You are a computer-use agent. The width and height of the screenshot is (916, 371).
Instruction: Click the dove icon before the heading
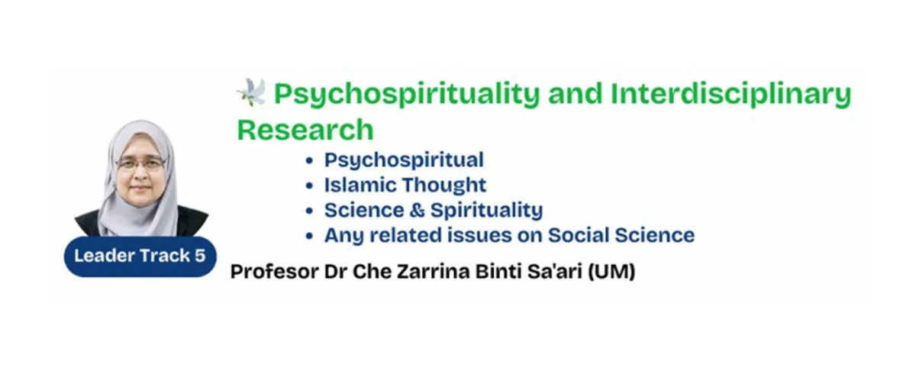pyautogui.click(x=251, y=92)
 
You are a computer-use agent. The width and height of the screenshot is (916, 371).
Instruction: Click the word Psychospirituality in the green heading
pyautogui.click(x=408, y=95)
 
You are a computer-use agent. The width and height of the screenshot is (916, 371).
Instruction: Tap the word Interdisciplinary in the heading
pyautogui.click(x=731, y=95)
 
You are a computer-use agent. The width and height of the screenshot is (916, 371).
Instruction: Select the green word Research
pyautogui.click(x=305, y=130)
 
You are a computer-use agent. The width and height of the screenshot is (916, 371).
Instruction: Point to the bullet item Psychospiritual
pyautogui.click(x=404, y=160)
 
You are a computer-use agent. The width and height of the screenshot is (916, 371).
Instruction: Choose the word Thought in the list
pyautogui.click(x=444, y=185)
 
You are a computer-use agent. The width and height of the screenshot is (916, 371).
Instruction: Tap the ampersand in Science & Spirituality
pyautogui.click(x=417, y=210)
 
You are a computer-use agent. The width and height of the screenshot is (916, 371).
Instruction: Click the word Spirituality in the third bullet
pyautogui.click(x=487, y=211)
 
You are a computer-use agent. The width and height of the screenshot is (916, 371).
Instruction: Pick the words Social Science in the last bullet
pyautogui.click(x=621, y=235)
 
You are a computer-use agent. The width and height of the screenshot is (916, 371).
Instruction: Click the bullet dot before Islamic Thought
pyautogui.click(x=309, y=186)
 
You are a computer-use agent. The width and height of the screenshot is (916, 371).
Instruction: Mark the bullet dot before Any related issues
pyautogui.click(x=309, y=237)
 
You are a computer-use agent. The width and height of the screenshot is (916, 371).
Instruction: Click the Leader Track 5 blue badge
pyautogui.click(x=140, y=256)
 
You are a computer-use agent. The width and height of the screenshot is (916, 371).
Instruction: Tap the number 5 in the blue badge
pyautogui.click(x=200, y=256)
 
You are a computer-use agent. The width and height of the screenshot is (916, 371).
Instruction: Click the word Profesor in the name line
pyautogui.click(x=274, y=272)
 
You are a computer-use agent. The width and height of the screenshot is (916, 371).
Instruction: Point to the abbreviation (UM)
pyautogui.click(x=611, y=272)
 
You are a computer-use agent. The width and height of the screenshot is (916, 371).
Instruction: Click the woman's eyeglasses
pyautogui.click(x=140, y=164)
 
